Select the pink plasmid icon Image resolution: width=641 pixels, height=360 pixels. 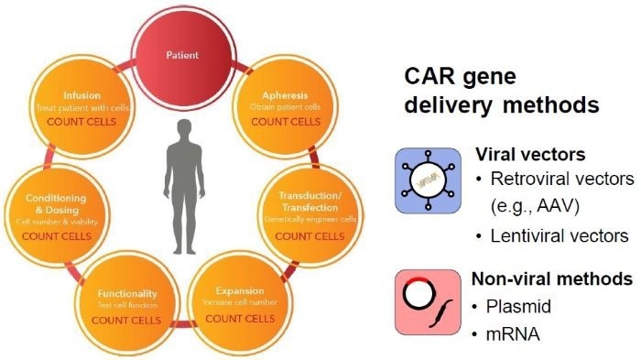[x=426, y=301]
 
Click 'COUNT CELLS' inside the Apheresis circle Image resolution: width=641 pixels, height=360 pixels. [x=280, y=121]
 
